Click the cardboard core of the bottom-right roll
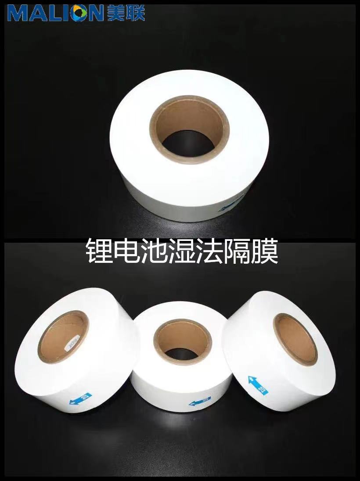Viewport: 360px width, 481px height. coord(295,338)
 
